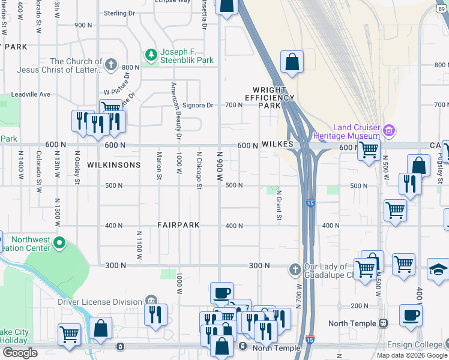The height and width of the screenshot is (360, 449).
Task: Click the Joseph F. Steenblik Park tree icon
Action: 151,56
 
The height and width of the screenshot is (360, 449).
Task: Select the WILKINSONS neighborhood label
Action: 113,164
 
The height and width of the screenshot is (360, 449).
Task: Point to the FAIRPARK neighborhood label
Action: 178,225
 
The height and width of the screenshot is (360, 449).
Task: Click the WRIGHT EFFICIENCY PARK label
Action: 269,97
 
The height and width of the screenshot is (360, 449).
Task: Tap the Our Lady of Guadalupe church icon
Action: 295,269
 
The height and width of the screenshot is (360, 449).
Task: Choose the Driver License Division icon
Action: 151,301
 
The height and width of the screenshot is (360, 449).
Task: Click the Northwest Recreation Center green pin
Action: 59,243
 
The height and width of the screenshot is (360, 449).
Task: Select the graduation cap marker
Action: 438,271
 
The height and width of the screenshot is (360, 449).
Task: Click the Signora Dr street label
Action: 197,105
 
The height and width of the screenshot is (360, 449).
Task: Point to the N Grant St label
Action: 279,205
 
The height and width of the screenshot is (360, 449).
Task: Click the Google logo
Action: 19,353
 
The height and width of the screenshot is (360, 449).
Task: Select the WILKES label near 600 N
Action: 277,145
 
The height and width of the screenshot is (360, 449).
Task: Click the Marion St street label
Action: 160,164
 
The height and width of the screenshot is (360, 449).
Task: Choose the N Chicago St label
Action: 198,169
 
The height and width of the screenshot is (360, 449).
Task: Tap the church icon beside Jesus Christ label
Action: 111,65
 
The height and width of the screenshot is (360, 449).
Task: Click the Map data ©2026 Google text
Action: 412,355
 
